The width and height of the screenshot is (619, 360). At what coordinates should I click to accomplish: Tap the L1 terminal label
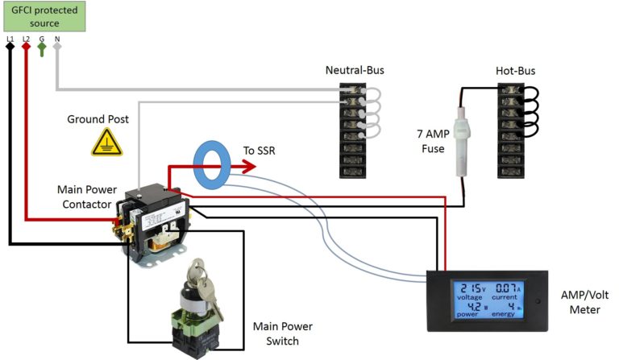10,38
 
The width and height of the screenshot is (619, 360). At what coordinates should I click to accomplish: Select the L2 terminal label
26,38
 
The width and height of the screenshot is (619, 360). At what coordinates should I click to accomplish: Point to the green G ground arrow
41,49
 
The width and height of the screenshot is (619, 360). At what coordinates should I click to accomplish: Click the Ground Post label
98,119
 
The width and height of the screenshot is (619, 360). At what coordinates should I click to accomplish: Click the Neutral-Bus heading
355,71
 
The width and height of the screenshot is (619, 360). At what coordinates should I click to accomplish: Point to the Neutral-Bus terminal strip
355,129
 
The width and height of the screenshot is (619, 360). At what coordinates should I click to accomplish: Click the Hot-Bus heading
515,71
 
